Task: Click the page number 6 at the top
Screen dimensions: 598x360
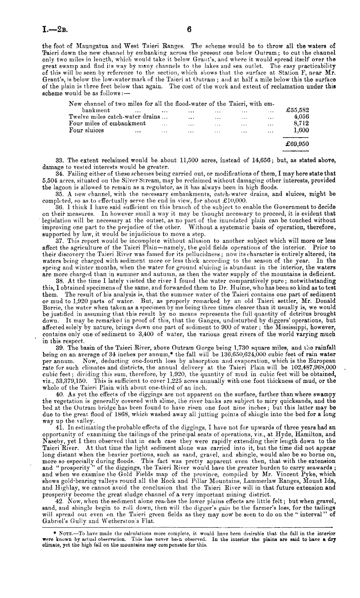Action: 189,29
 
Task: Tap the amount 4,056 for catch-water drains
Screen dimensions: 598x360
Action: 301,117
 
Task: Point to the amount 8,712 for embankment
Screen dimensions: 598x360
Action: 301,123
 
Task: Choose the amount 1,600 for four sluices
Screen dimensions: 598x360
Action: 301,130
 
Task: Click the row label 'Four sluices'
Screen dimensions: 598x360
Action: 86,130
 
